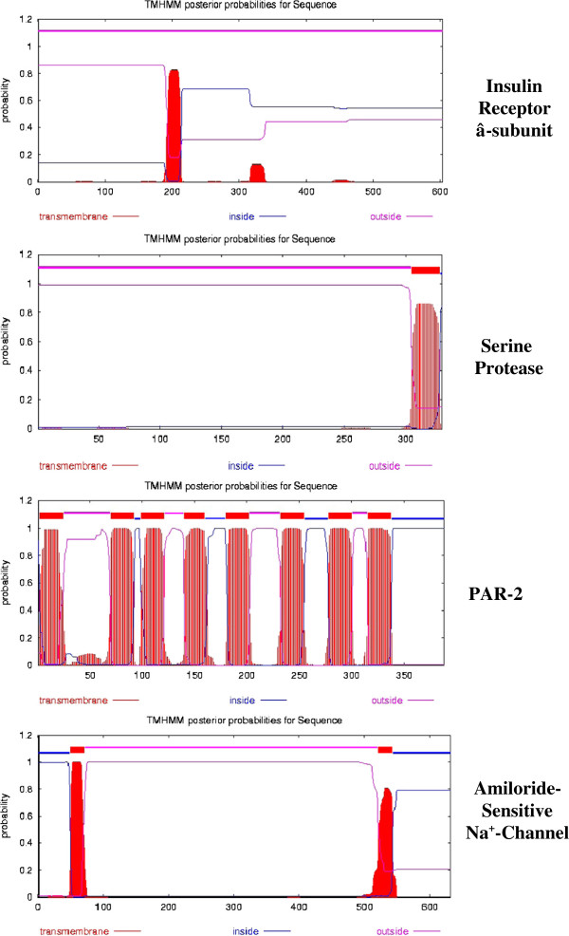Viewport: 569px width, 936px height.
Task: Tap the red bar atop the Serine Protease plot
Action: tap(426, 271)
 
